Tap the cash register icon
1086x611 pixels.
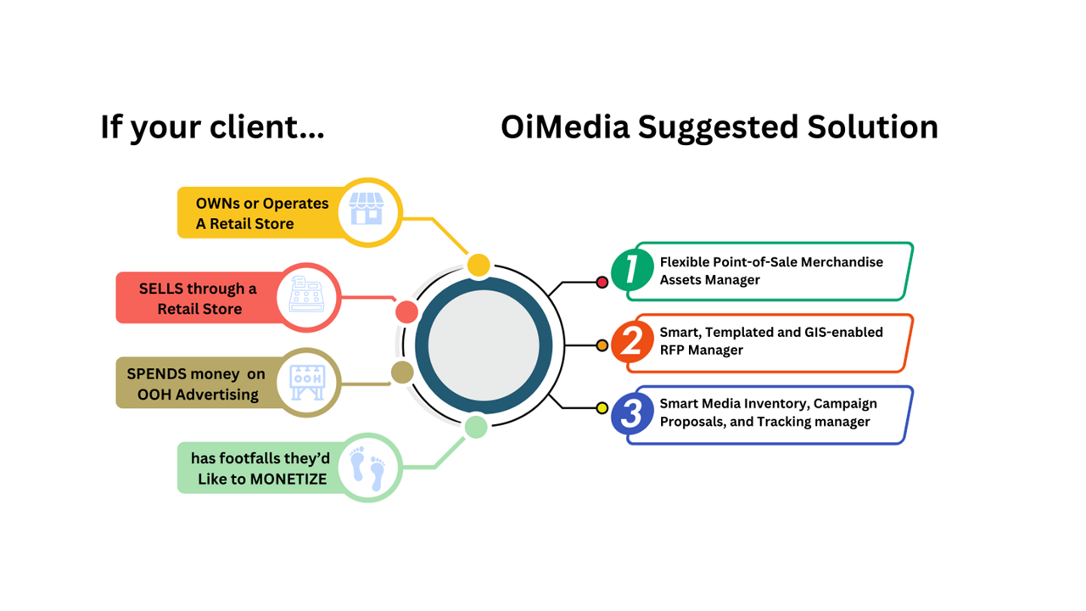305,296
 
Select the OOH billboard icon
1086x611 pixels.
306,383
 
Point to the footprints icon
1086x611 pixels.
368,468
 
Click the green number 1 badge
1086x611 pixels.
631,269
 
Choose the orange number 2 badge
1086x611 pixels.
631,341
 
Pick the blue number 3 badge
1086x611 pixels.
631,413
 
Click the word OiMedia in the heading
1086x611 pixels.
564,127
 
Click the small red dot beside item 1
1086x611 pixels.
602,282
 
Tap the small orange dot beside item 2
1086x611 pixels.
602,345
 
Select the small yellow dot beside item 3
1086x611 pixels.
602,408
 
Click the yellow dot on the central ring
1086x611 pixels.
479,265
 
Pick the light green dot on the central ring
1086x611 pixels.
476,426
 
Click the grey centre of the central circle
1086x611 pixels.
483,345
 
